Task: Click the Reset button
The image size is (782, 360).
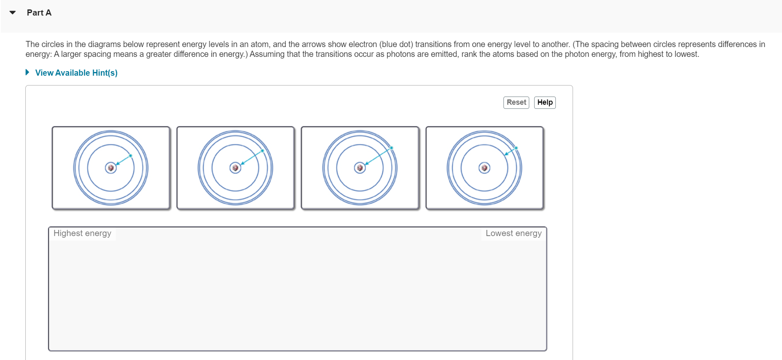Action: tap(516, 102)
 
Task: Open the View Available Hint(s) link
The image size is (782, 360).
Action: tap(76, 73)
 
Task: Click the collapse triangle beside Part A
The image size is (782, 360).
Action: tap(13, 13)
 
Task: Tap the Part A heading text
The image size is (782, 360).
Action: tap(39, 13)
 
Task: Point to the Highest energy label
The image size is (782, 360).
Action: tap(82, 233)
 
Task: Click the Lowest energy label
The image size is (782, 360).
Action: tap(513, 233)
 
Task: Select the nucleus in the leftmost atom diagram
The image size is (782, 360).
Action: tap(111, 168)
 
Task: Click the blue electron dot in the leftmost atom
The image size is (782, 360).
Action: tap(130, 155)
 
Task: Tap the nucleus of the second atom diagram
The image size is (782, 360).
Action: tap(235, 168)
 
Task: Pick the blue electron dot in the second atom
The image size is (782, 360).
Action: tap(262, 151)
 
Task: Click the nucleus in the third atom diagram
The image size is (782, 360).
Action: tap(360, 168)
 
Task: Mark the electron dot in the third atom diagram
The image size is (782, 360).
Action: tap(391, 148)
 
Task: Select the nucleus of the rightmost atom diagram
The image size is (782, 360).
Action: tap(484, 168)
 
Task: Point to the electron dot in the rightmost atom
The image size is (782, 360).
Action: tap(516, 148)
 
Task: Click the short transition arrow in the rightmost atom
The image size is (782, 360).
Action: tap(510, 151)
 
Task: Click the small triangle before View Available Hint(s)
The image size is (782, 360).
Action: tap(27, 72)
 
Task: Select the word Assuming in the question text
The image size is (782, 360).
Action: tap(266, 54)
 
